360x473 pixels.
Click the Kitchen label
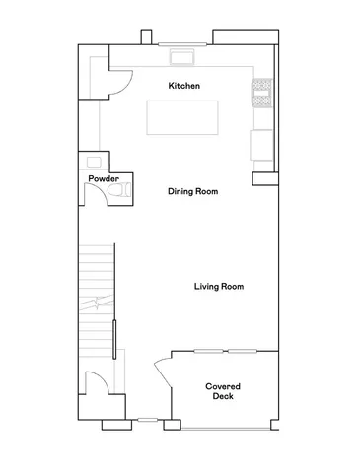[184, 86]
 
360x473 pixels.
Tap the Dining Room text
[192, 191]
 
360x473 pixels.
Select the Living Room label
[218, 287]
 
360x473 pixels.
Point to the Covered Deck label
[223, 392]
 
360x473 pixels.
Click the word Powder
[104, 178]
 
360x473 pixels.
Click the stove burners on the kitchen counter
[262, 92]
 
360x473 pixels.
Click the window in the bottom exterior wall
[148, 421]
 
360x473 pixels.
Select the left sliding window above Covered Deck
[208, 351]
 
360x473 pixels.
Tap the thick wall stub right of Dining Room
[263, 178]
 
